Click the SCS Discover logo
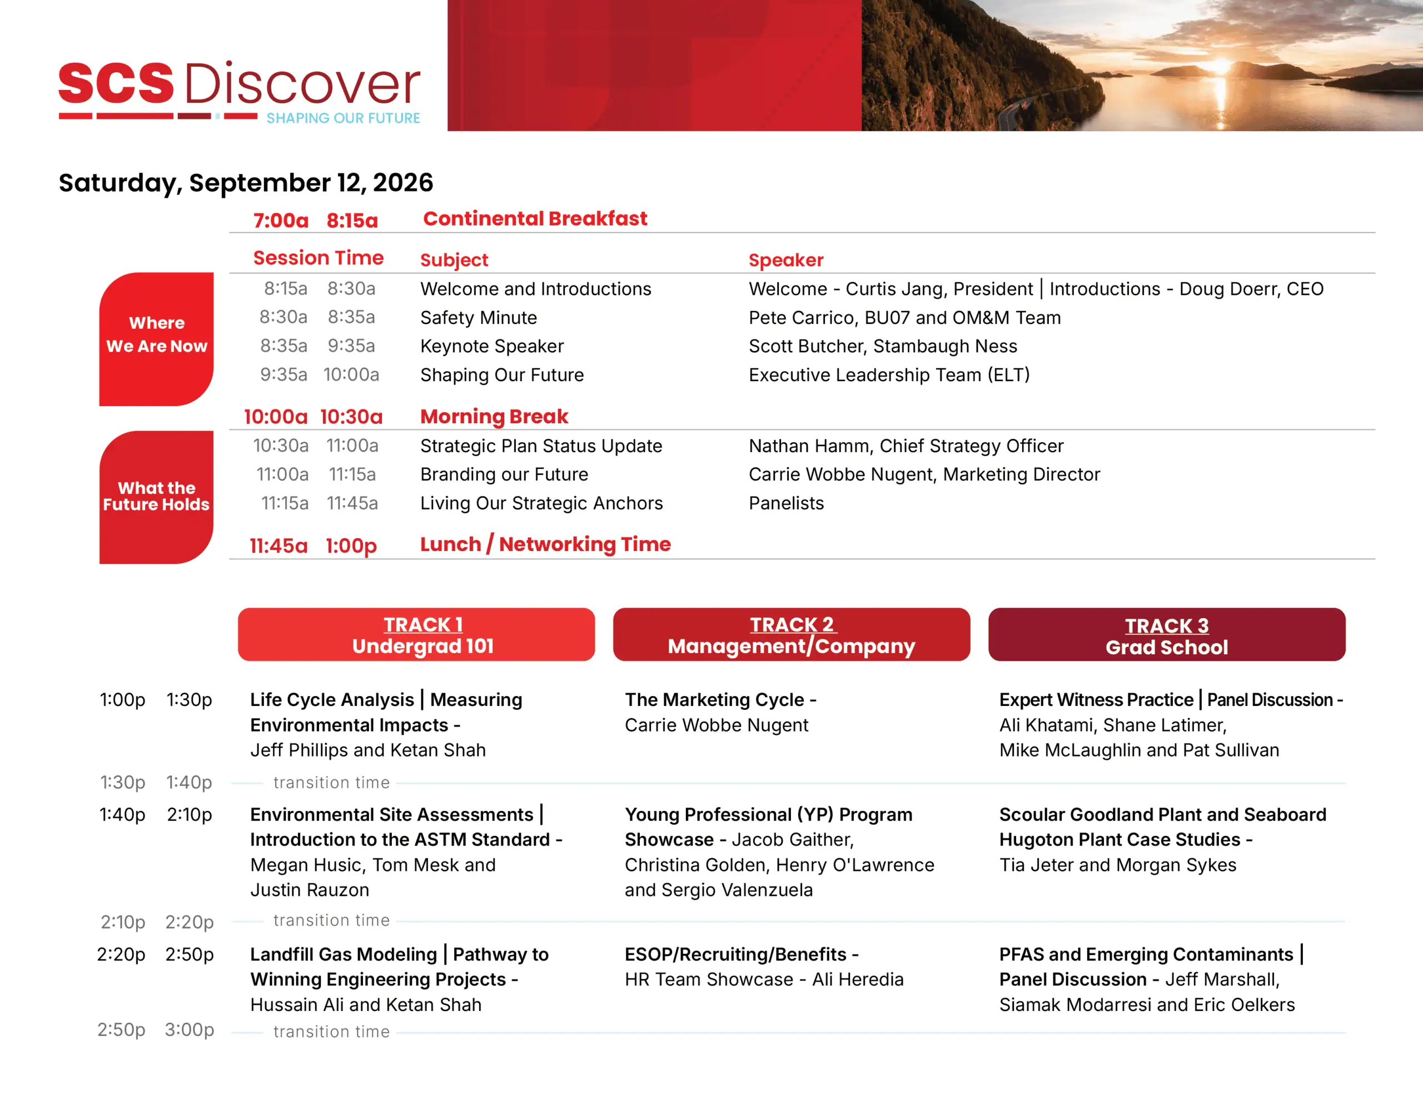pyautogui.click(x=239, y=91)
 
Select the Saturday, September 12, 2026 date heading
pyautogui.click(x=246, y=183)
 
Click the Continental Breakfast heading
pyautogui.click(x=535, y=219)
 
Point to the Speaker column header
pyautogui.click(x=786, y=260)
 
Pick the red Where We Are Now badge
pyautogui.click(x=156, y=338)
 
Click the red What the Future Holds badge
pyautogui.click(x=156, y=497)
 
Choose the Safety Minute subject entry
pyautogui.click(x=479, y=318)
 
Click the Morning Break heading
pyautogui.click(x=494, y=417)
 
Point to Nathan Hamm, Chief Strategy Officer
pyautogui.click(x=905, y=446)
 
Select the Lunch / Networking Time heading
pyautogui.click(x=545, y=544)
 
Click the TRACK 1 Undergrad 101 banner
pyautogui.click(x=416, y=634)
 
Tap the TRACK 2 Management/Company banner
pyautogui.click(x=791, y=634)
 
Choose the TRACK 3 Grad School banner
pyautogui.click(x=1166, y=634)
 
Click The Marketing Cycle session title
pyautogui.click(x=714, y=700)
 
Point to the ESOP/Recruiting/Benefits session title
pyautogui.click(x=735, y=954)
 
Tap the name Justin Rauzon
pyautogui.click(x=310, y=890)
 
